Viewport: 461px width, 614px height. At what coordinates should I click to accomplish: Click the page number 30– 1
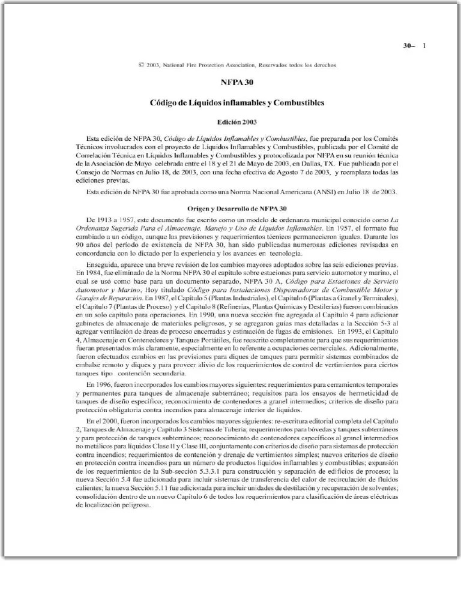point(414,46)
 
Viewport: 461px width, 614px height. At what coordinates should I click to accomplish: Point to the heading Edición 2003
point(237,122)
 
